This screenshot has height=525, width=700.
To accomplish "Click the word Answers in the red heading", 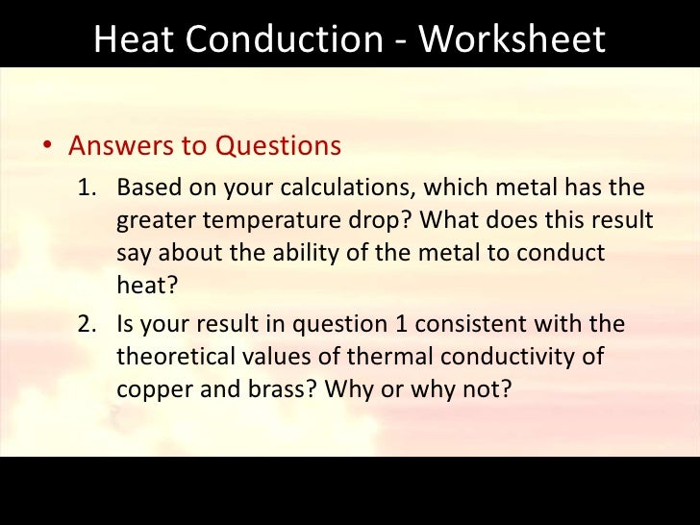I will (x=119, y=146).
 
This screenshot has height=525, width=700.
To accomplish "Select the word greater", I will (x=153, y=220).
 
